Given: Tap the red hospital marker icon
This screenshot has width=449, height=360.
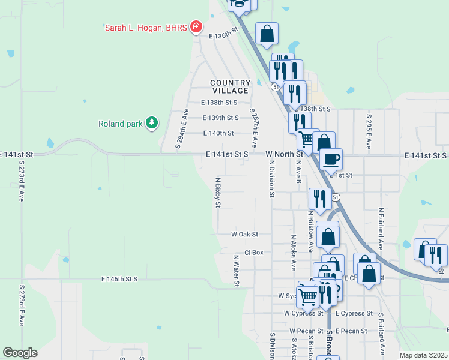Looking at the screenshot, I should click(x=195, y=26).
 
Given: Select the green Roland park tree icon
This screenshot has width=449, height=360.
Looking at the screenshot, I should click(x=152, y=123).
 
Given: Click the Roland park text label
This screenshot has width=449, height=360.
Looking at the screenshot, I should click(x=121, y=124).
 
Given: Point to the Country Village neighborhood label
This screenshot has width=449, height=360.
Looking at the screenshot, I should click(x=230, y=86).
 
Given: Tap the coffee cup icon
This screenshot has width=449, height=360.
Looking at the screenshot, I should click(x=331, y=160).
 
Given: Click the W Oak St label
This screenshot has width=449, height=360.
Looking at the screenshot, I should click(x=244, y=234).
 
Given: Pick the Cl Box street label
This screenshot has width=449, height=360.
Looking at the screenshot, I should click(x=254, y=253).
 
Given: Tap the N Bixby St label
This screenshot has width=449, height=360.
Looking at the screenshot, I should click(x=218, y=192).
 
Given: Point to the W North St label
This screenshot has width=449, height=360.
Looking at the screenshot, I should click(x=284, y=154).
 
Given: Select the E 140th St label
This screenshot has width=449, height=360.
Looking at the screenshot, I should click(x=218, y=133).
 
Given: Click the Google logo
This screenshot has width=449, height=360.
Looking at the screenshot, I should click(x=20, y=353).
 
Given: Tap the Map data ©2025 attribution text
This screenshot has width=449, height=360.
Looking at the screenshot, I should click(x=423, y=355).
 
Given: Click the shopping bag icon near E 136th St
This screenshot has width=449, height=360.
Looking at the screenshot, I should click(x=267, y=34).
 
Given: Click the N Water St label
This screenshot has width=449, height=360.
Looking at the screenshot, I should click(x=237, y=270).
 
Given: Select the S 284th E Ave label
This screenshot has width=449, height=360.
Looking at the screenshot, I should click(x=182, y=128).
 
